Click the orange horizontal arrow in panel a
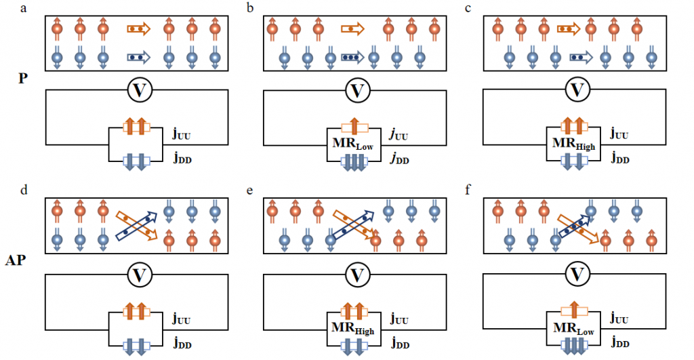(x=138, y=29)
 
